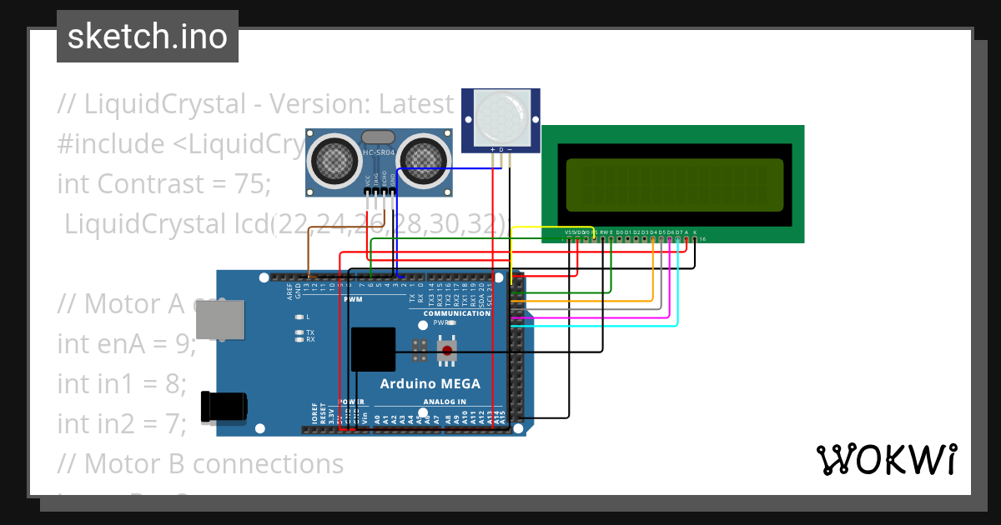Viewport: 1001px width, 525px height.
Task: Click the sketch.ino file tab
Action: [148, 37]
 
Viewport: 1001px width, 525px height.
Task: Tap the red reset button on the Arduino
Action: [448, 351]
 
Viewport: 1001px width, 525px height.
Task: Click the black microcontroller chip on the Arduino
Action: [373, 348]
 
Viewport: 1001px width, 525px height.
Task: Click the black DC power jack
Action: [223, 407]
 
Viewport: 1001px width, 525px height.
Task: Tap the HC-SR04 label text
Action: [380, 152]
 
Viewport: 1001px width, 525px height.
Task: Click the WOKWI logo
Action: [886, 459]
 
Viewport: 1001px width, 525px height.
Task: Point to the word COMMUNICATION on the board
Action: [457, 313]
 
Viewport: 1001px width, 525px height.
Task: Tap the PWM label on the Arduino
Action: [353, 299]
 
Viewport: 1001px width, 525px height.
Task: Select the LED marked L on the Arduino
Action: [299, 317]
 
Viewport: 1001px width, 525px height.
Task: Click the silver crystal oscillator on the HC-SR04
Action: [378, 137]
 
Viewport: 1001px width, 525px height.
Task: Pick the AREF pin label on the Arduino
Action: [290, 290]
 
